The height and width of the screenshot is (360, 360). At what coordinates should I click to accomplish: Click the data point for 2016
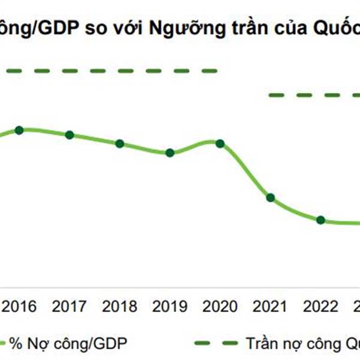(19, 130)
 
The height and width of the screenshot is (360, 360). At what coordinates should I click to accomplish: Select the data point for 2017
(70, 135)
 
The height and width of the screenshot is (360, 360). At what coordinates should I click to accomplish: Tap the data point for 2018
(119, 144)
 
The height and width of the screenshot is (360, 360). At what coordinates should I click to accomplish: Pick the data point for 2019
(170, 153)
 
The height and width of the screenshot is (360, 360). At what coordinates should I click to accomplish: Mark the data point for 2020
(220, 143)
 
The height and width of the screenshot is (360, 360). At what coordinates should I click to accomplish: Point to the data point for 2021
(270, 198)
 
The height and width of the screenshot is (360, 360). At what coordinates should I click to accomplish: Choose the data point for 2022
(320, 220)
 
